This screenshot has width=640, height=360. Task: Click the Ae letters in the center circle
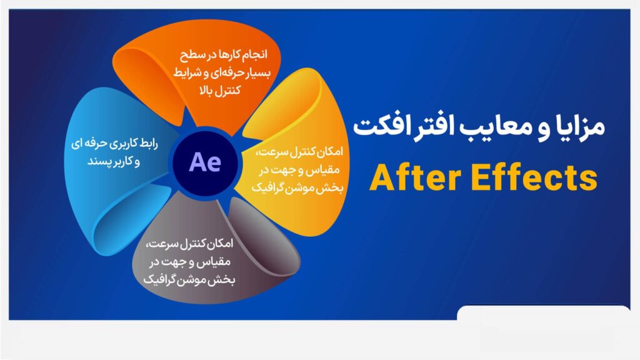205,162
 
